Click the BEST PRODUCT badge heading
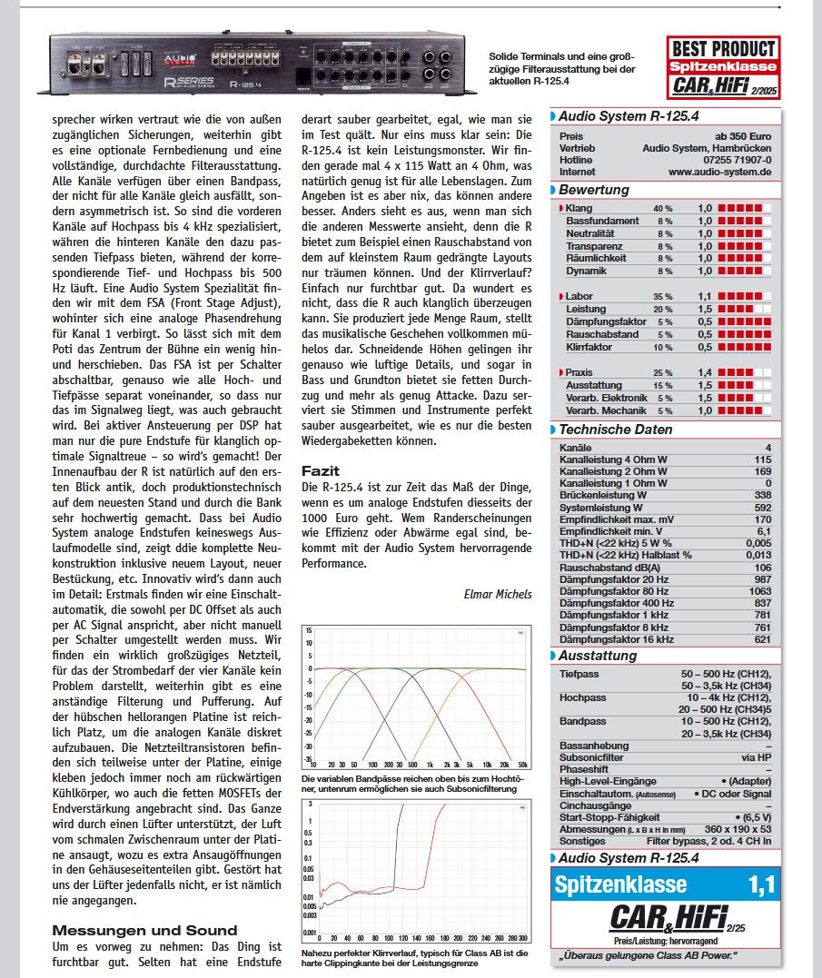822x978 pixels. [x=723, y=49]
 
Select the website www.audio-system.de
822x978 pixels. [x=719, y=171]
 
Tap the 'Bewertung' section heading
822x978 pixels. [x=594, y=190]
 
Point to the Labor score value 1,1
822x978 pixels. [x=705, y=296]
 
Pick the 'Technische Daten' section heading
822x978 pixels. [x=616, y=430]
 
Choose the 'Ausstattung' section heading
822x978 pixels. [x=598, y=655]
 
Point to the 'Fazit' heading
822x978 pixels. [x=321, y=471]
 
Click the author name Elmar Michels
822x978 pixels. [x=498, y=594]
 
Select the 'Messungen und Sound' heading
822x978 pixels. [x=144, y=930]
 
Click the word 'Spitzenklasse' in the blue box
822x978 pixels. [x=620, y=884]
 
